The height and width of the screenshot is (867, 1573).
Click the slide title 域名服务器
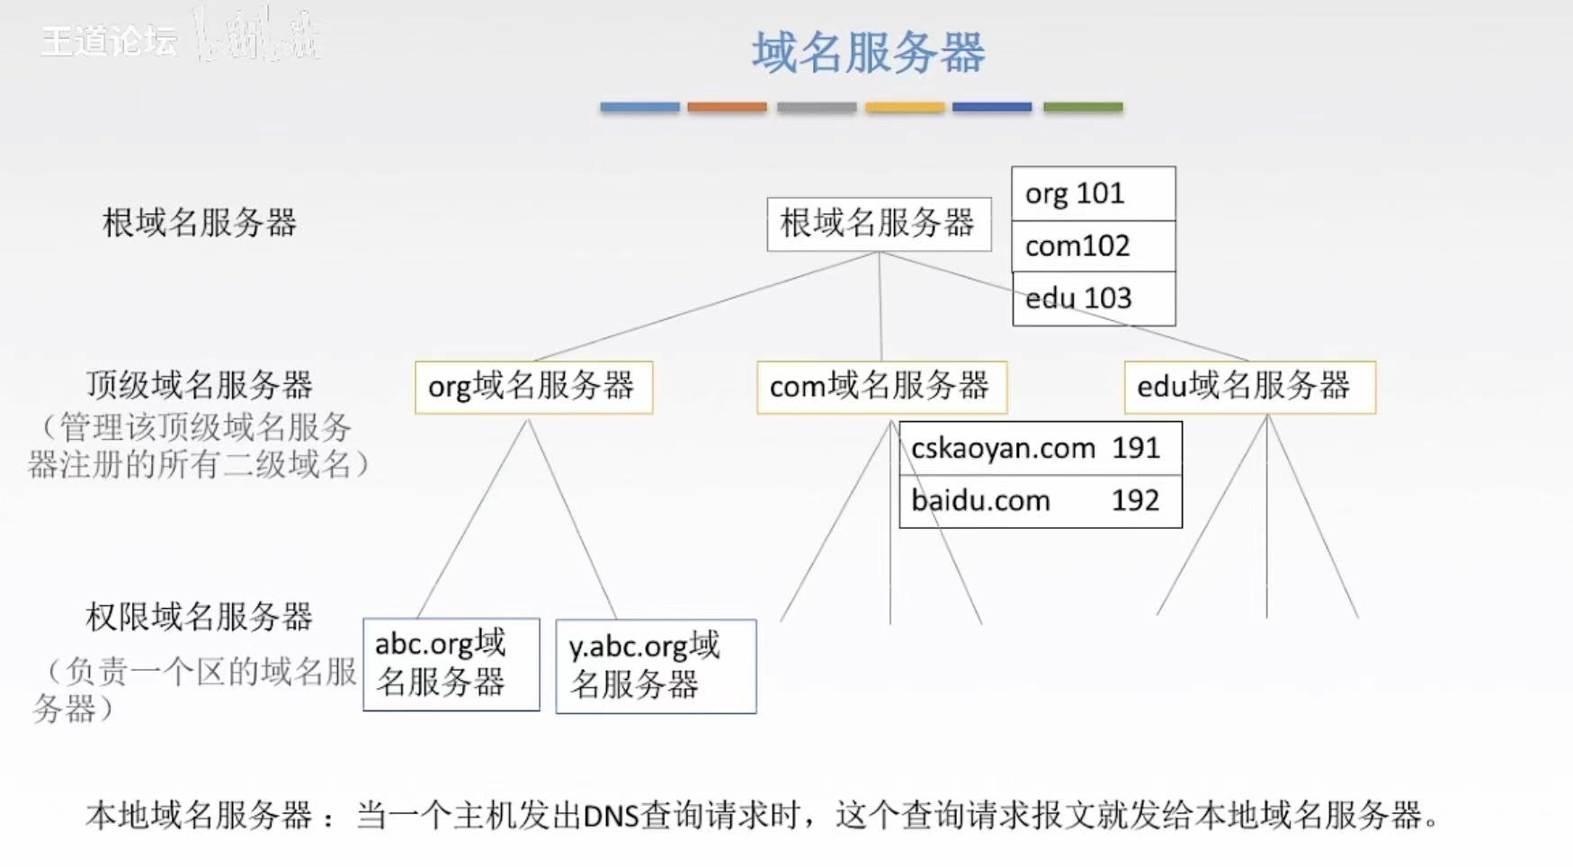[868, 52]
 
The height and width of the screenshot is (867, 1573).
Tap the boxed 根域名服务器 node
[878, 223]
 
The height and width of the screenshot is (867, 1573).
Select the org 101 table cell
[1093, 193]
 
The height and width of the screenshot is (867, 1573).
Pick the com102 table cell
[1093, 246]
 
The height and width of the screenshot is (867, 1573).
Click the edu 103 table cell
[1093, 299]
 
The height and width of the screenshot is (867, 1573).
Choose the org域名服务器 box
[532, 387]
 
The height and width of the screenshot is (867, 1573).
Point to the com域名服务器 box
[880, 387]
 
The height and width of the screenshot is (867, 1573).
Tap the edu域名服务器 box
[1248, 387]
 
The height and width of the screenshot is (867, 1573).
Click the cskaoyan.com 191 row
[1040, 448]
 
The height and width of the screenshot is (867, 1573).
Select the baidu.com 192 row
[1040, 501]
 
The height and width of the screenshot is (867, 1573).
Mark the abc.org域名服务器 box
[451, 664]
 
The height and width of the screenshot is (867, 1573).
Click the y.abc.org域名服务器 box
[655, 666]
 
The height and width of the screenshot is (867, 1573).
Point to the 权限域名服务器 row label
[199, 617]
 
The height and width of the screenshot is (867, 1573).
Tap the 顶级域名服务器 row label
[199, 385]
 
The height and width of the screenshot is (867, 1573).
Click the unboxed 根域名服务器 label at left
[199, 223]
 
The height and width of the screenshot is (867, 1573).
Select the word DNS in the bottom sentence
[610, 816]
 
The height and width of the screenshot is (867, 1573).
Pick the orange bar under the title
[727, 107]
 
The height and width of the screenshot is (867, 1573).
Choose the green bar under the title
[1083, 107]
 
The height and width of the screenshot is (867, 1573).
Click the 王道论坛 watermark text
[109, 40]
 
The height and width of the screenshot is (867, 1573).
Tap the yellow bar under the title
[905, 107]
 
